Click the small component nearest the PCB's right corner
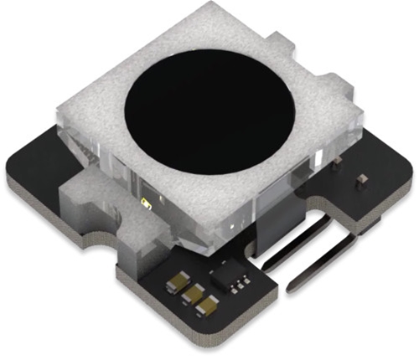point(362,179)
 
